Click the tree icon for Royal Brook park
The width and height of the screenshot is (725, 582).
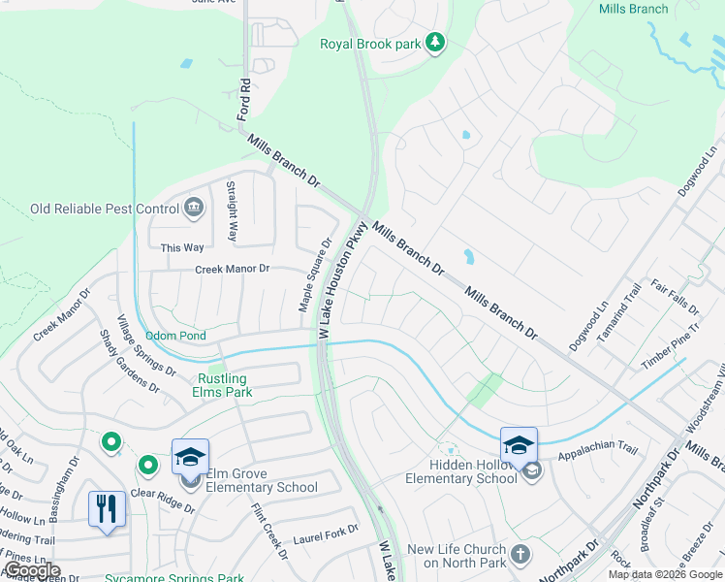point(437,43)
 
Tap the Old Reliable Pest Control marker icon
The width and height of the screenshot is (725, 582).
point(194,208)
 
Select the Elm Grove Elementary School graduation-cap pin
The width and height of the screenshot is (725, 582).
point(190,457)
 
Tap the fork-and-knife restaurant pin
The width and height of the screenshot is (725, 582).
point(107,508)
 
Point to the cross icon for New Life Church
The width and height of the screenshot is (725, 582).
point(521,555)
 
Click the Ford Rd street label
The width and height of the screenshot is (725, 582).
point(244,99)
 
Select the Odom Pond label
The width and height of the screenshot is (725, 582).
point(175,336)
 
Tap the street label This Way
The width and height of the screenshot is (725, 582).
point(182,248)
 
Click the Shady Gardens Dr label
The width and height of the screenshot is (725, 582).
point(129,359)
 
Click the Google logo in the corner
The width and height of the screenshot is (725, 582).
point(32,570)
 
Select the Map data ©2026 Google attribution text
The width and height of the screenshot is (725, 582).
point(664,574)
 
